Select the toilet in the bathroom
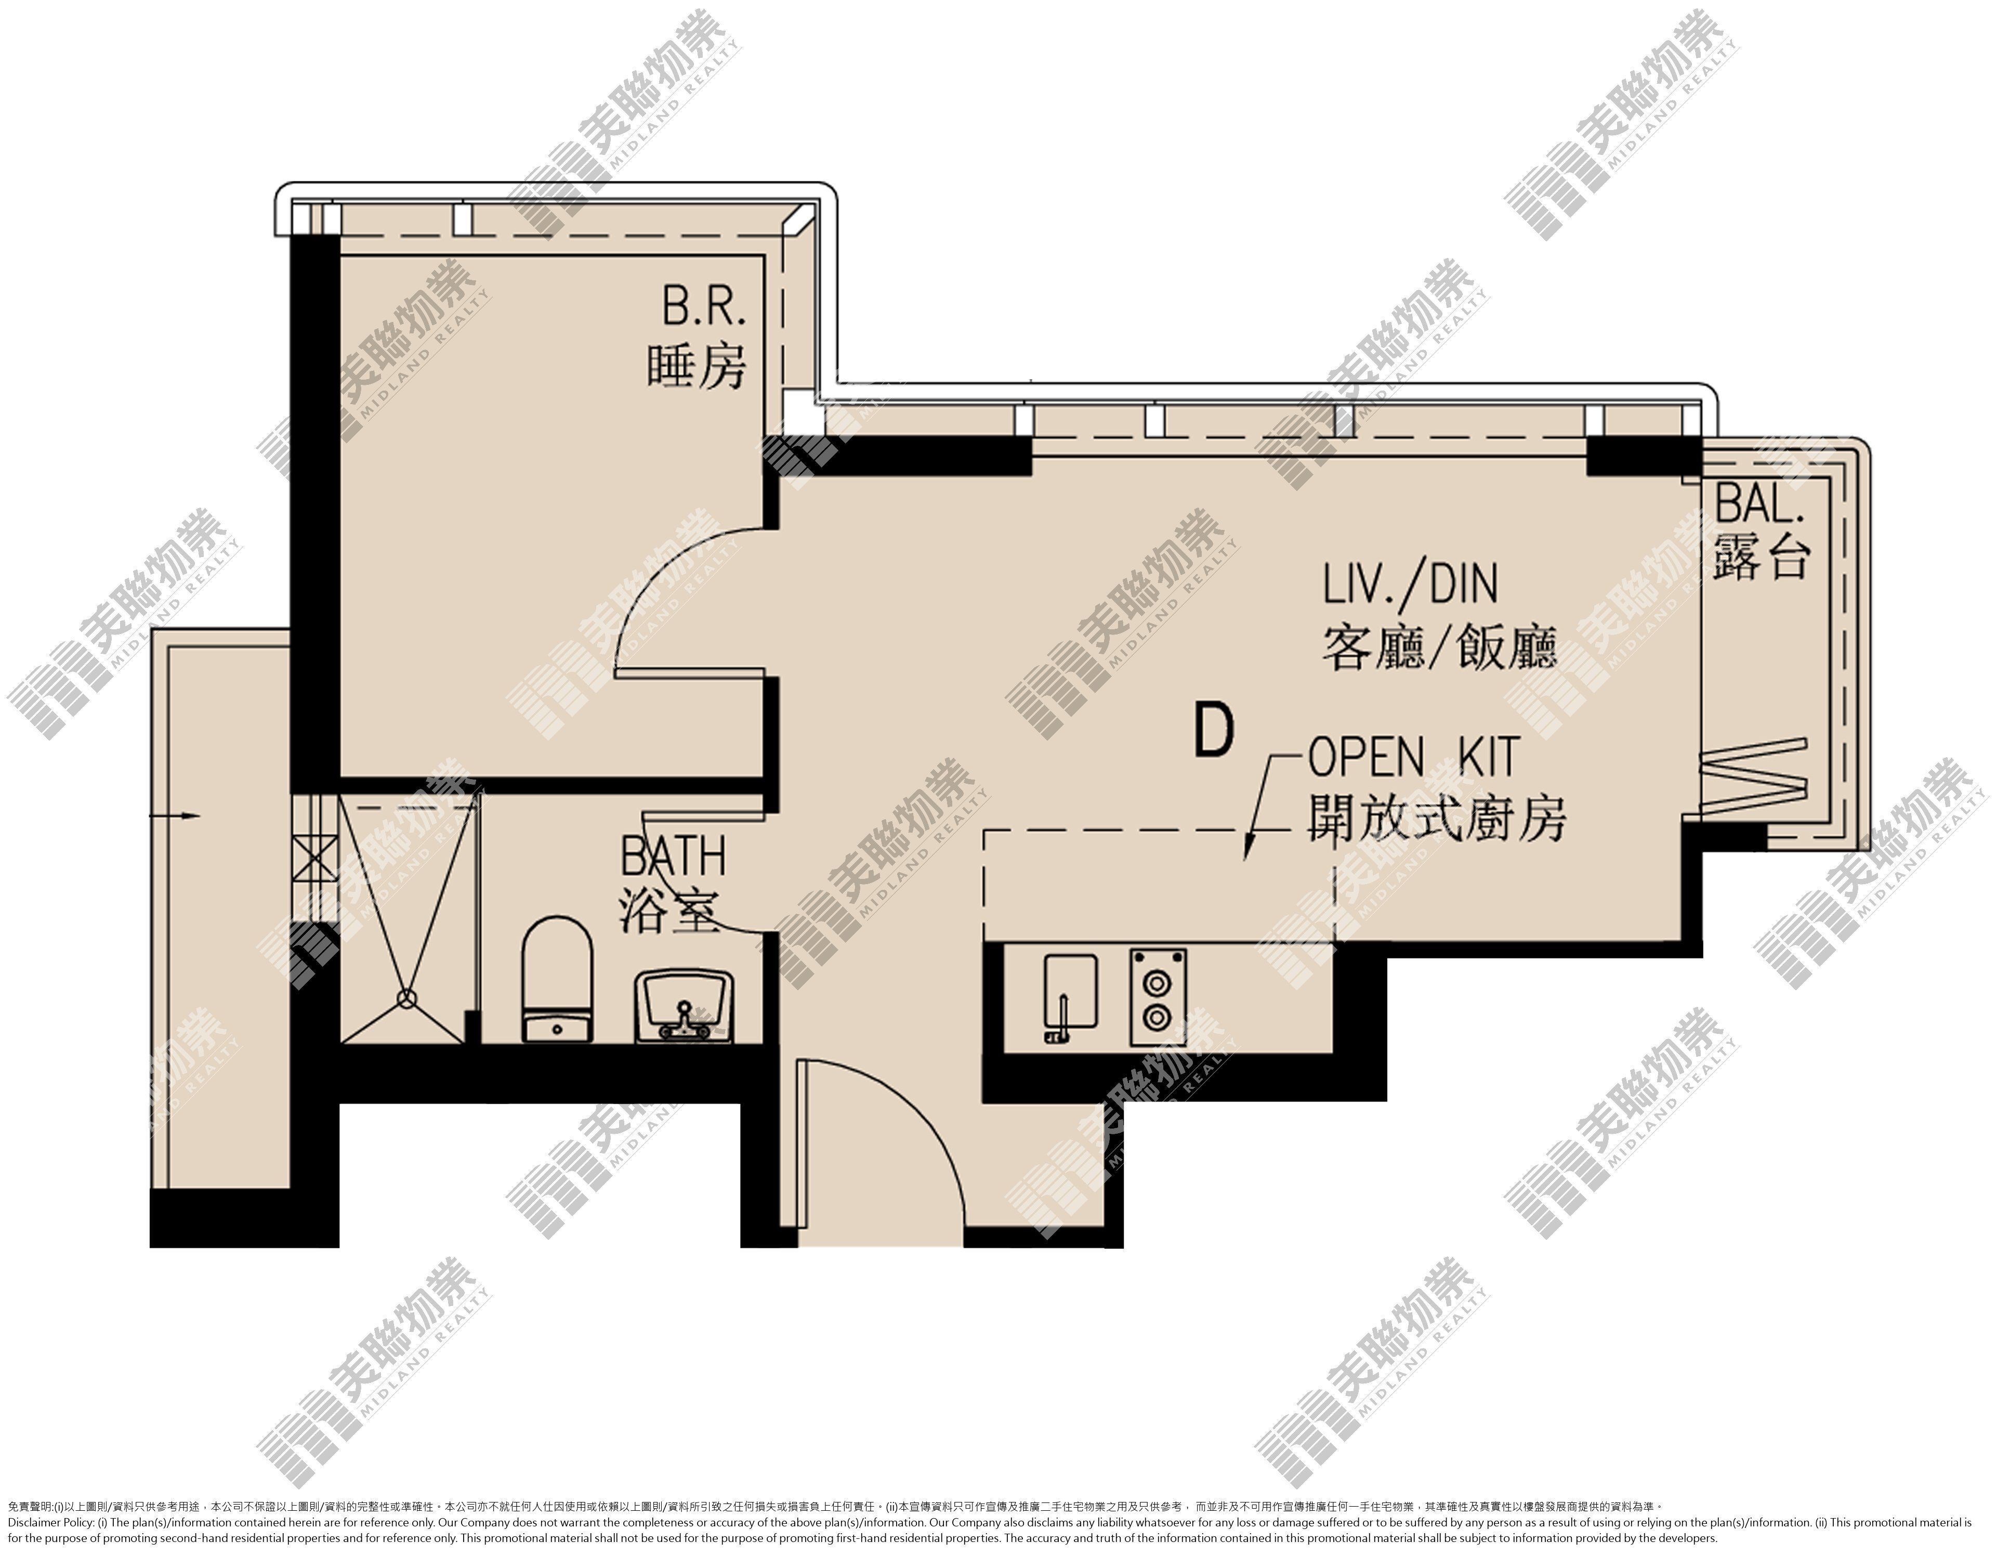[556, 978]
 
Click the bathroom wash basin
[682, 1006]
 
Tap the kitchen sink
[1070, 999]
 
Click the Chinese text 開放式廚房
[1437, 817]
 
